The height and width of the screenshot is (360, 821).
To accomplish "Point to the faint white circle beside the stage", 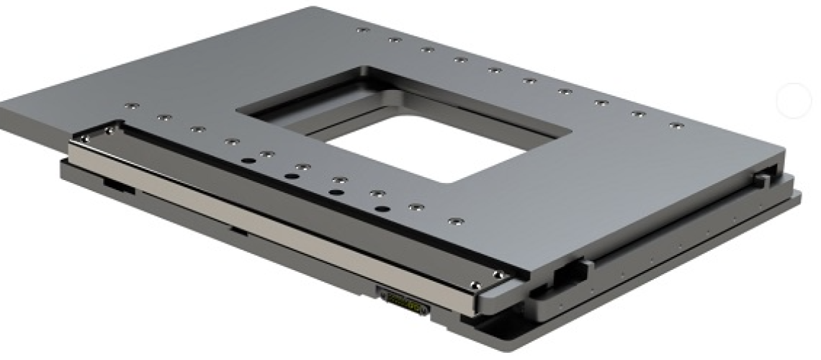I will pyautogui.click(x=794, y=101).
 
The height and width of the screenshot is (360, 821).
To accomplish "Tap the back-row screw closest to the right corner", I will pyautogui.click(x=674, y=125).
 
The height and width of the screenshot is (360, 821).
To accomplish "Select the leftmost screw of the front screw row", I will pyautogui.click(x=128, y=107).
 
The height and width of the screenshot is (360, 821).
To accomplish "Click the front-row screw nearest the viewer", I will pyautogui.click(x=453, y=221).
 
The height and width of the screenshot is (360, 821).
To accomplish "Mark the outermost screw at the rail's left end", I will pyautogui.click(x=108, y=130).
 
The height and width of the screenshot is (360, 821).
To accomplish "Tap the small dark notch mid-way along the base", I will pyautogui.click(x=235, y=232).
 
